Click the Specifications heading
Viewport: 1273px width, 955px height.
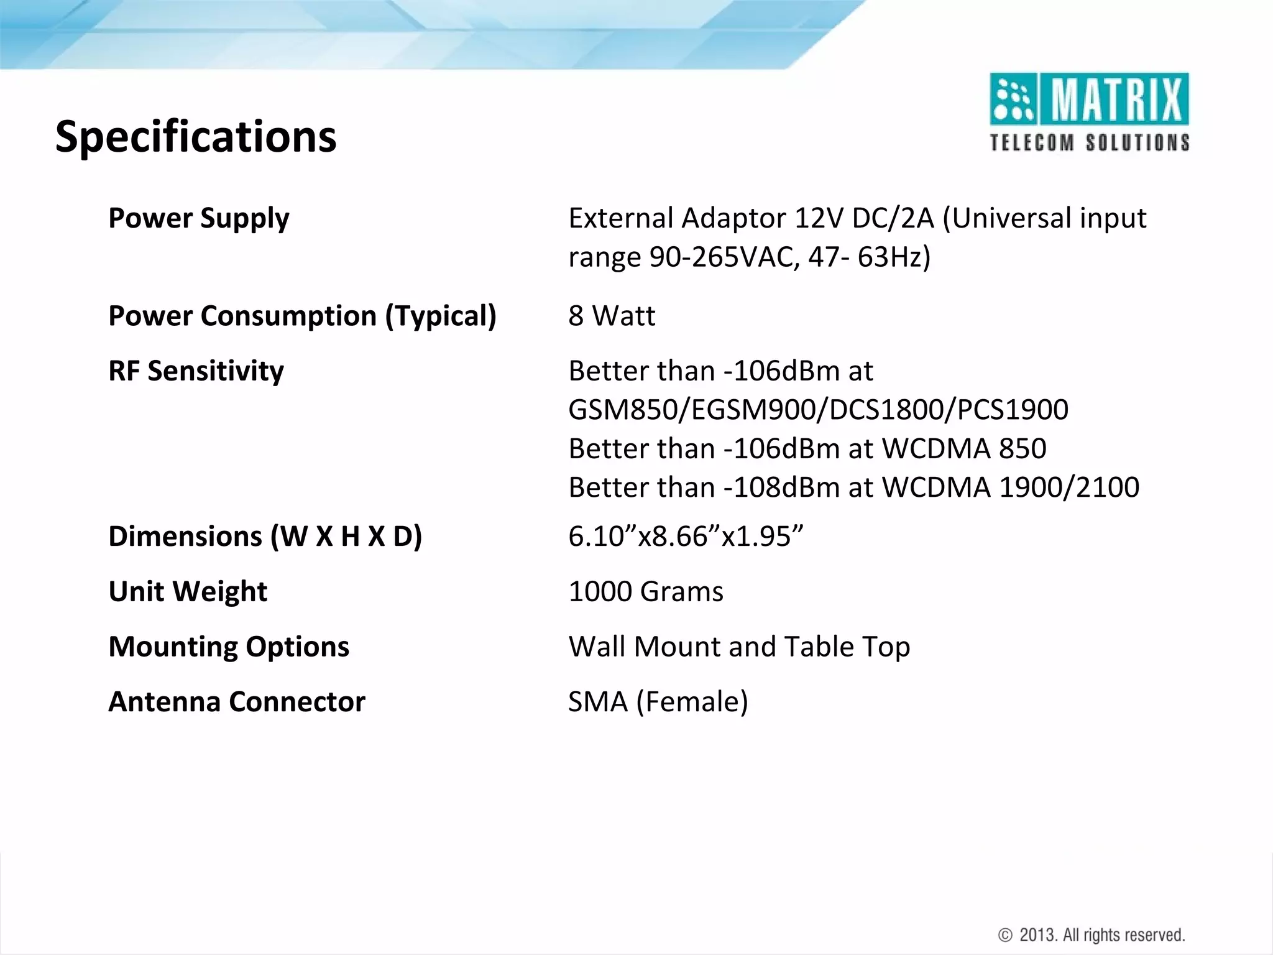coord(196,137)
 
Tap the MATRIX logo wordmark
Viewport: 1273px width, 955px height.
coord(1116,99)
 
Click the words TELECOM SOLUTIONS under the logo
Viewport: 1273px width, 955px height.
coord(1090,142)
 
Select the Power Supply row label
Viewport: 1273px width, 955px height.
coord(198,218)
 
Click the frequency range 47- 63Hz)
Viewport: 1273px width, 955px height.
coord(869,257)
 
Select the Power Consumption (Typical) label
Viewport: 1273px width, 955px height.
coord(302,316)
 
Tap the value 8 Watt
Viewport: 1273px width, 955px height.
coord(612,316)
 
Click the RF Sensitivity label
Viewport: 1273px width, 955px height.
coord(196,371)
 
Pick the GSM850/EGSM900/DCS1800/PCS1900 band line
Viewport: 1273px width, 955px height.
coord(818,410)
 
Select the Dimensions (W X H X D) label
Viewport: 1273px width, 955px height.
coord(265,537)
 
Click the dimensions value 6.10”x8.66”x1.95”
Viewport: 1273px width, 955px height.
coord(686,537)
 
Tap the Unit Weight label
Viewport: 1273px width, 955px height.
coord(188,591)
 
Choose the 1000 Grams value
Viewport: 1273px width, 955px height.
coord(646,591)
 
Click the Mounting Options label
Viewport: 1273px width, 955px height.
coord(229,647)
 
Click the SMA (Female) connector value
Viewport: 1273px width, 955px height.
coord(658,702)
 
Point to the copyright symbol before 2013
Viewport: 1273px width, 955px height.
coord(1005,935)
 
